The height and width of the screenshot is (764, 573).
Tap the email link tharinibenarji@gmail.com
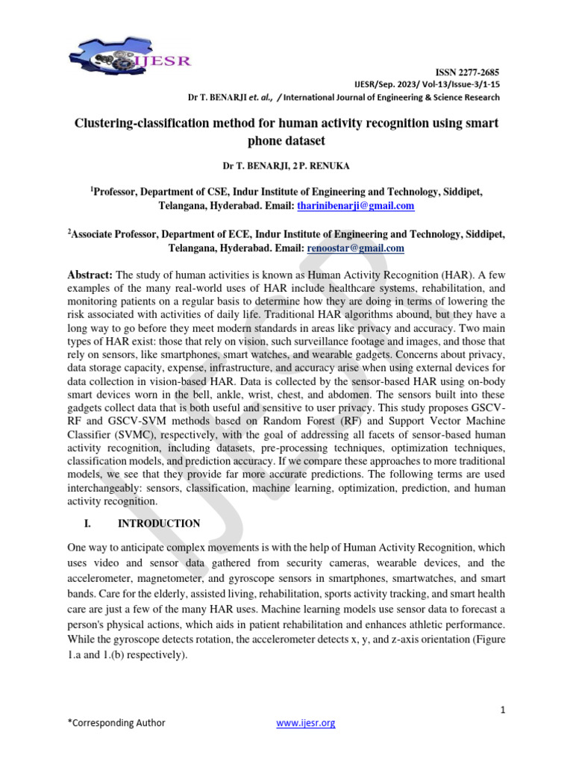click(x=356, y=205)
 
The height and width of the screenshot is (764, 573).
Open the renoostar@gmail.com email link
click(x=355, y=248)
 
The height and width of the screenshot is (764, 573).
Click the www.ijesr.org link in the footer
click(x=306, y=722)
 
